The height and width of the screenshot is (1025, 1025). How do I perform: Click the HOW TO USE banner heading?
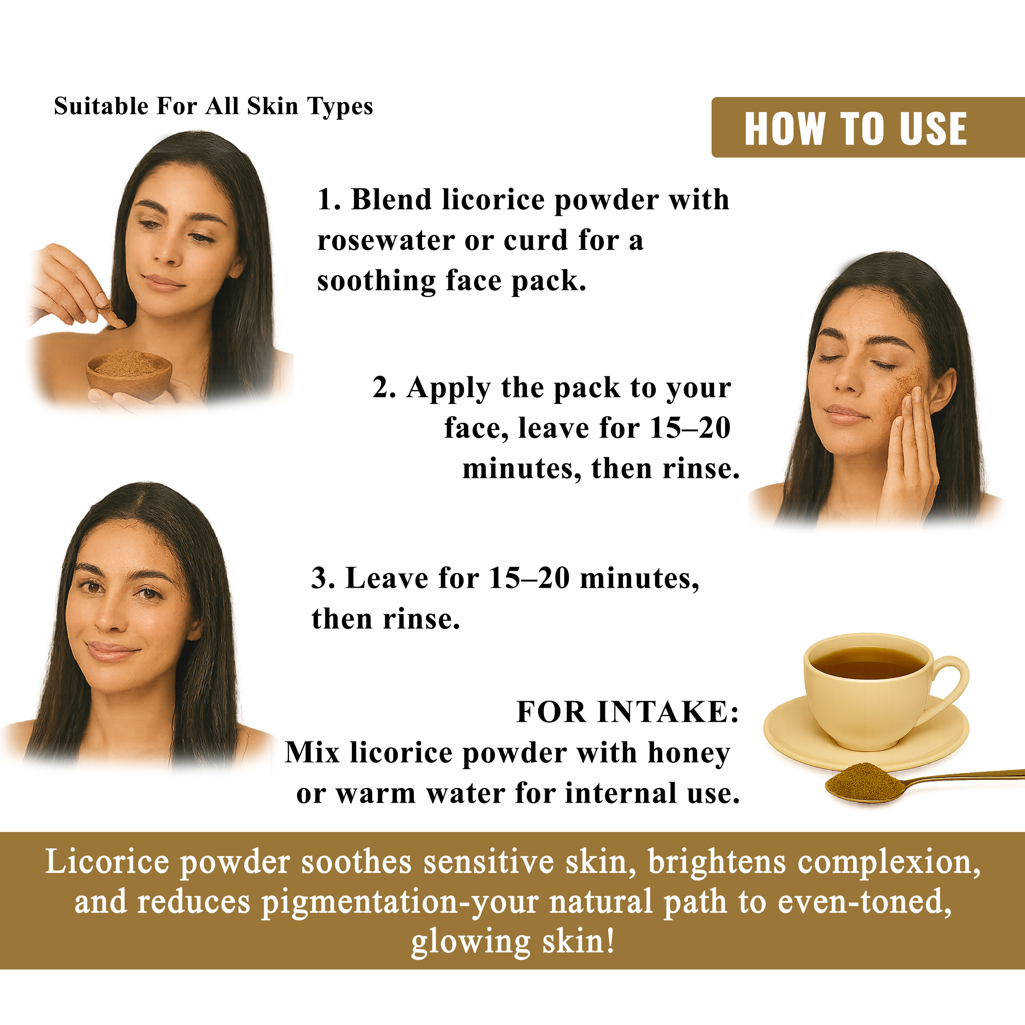tap(855, 129)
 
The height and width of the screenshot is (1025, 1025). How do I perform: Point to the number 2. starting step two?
tap(384, 388)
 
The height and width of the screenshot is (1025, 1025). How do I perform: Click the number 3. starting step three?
tap(323, 578)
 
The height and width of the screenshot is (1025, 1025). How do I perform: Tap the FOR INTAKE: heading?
tap(628, 711)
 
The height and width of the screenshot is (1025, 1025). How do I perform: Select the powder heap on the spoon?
tap(865, 780)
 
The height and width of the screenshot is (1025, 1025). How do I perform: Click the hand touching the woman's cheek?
tap(908, 451)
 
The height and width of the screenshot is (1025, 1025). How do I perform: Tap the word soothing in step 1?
tap(376, 281)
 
